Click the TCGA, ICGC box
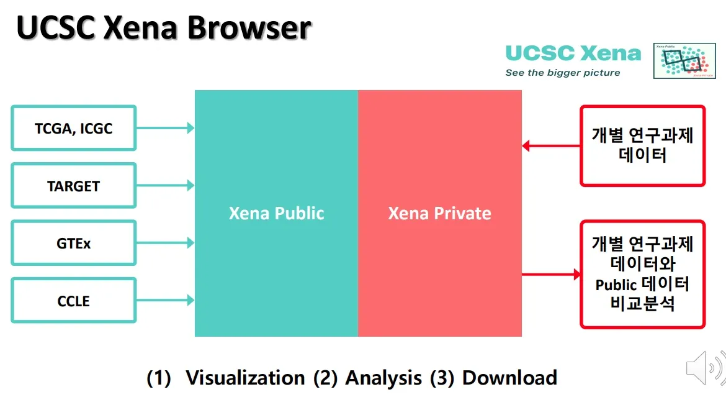coord(74,128)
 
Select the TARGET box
coord(74,186)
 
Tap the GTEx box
coord(74,243)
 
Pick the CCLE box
coord(74,301)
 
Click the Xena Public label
coord(276,213)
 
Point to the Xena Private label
coord(439,213)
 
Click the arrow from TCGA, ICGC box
coord(165,128)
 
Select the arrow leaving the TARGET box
coord(165,186)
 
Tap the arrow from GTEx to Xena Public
coord(165,242)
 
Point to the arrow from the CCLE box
coord(165,300)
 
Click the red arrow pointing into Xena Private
coord(551,146)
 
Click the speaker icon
coord(705,368)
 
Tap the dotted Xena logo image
coord(684,61)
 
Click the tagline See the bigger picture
coord(563,73)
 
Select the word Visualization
coord(245,378)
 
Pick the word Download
coord(510,378)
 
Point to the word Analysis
coord(383,378)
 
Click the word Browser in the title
coord(249,27)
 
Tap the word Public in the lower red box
coord(616,285)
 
